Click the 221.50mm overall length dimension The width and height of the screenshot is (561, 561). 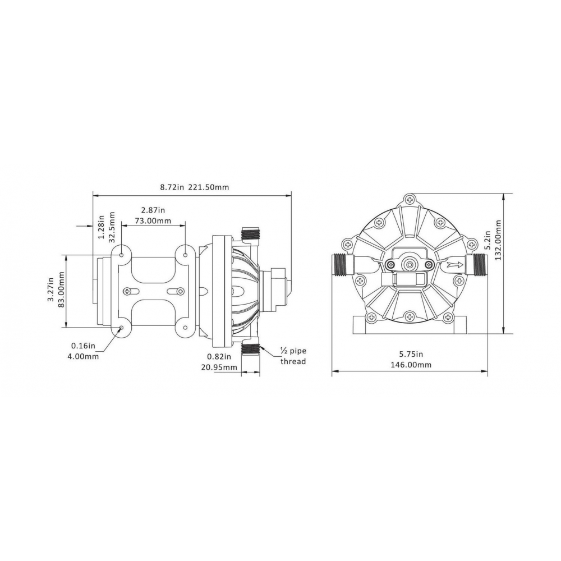pyautogui.click(x=209, y=187)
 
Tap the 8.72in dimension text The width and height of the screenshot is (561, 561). pyautogui.click(x=172, y=187)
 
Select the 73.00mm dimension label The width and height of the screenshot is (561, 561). pyautogui.click(x=153, y=220)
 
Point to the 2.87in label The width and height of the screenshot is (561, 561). pyautogui.click(x=153, y=210)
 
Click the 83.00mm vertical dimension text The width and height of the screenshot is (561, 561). pyautogui.click(x=61, y=290)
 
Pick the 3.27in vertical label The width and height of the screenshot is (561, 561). pyautogui.click(x=51, y=290)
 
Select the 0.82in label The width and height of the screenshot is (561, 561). pyautogui.click(x=219, y=356)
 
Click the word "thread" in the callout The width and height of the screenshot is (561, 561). pyautogui.click(x=293, y=361)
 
